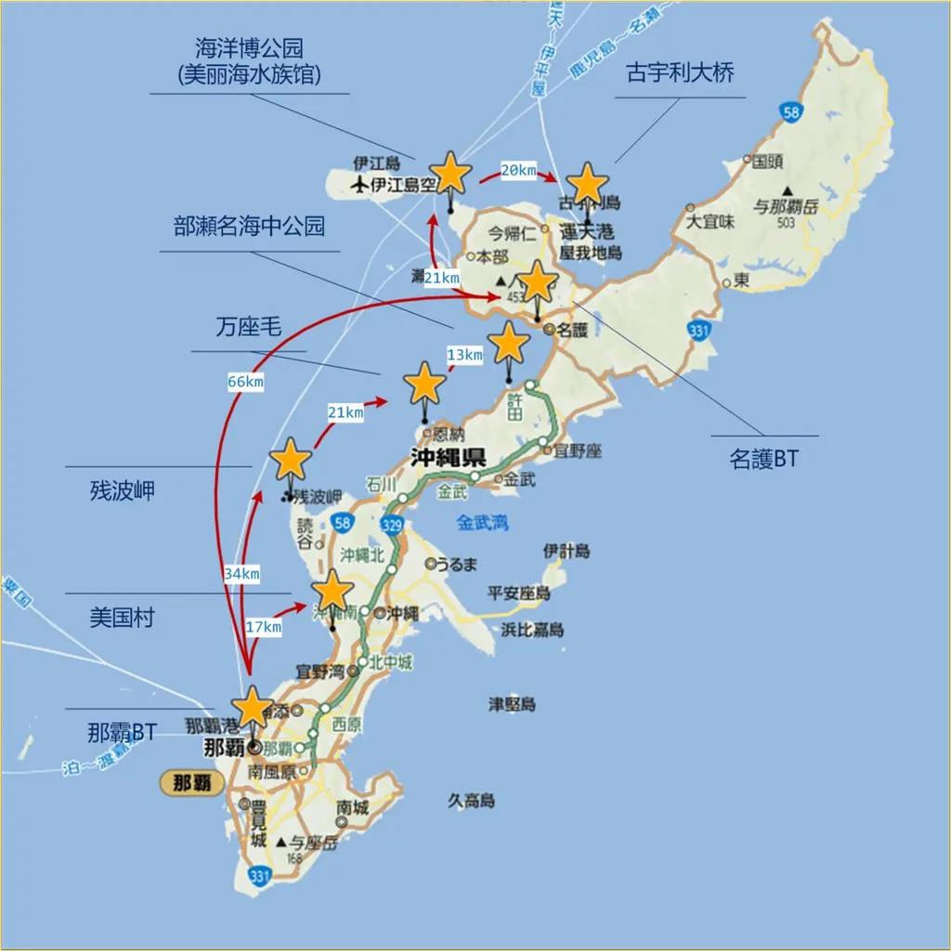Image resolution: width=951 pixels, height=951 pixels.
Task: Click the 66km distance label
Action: [x=244, y=382]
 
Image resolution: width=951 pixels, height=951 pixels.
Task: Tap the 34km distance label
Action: [x=241, y=574]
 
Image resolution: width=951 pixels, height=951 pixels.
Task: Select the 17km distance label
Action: [x=263, y=628]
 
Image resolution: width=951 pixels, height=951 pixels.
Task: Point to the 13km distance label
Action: [x=464, y=355]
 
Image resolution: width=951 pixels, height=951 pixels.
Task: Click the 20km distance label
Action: [x=518, y=170]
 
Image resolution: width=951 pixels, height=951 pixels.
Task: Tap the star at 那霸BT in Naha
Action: [x=252, y=708]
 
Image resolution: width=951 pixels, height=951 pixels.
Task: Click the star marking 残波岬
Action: [x=291, y=459]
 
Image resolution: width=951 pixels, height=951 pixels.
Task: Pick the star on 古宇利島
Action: [x=587, y=183]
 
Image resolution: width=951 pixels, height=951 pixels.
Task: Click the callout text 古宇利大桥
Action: [x=681, y=73]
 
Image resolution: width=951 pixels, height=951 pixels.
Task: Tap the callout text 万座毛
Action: [x=248, y=326]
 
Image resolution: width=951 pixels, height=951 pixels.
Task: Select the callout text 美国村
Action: [x=122, y=618]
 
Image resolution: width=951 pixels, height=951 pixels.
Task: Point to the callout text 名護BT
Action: [x=763, y=459]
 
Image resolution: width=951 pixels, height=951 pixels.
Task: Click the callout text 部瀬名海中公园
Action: [x=250, y=226]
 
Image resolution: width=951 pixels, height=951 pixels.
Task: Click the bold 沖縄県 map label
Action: [x=449, y=456]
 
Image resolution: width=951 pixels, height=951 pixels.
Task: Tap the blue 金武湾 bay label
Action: [x=482, y=523]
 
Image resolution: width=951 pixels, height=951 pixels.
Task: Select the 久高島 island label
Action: [x=471, y=801]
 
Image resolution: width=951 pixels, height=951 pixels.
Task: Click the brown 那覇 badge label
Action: [x=192, y=782]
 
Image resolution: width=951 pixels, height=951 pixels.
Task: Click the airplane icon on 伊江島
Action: [x=360, y=185]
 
